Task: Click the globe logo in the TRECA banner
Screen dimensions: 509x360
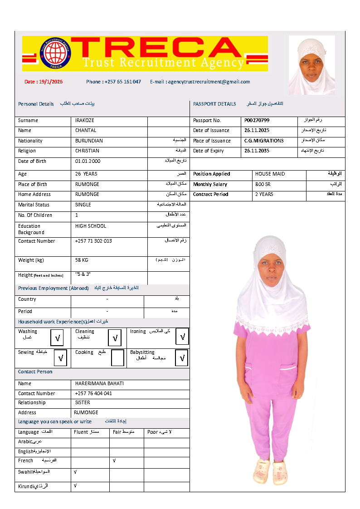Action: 56,53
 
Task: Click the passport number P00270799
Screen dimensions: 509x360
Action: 257,121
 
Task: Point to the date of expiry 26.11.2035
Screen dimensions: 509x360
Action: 257,151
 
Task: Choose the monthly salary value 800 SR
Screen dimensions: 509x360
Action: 263,185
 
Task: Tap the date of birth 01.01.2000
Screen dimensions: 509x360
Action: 88,162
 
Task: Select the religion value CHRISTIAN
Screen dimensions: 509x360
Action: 87,151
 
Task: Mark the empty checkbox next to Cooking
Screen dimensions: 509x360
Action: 117,358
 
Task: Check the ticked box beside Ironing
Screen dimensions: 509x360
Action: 182,337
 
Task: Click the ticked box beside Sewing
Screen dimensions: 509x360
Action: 60,358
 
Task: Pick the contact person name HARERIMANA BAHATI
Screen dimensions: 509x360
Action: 99,384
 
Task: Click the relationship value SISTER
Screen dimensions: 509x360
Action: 83,403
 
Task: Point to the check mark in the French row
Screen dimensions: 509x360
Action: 114,461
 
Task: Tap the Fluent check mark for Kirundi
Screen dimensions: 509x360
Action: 75,485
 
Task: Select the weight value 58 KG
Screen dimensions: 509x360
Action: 82,260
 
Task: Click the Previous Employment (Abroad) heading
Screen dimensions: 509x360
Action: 54,289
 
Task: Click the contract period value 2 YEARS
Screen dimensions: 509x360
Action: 264,195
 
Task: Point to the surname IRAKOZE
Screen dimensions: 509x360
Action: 85,121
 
